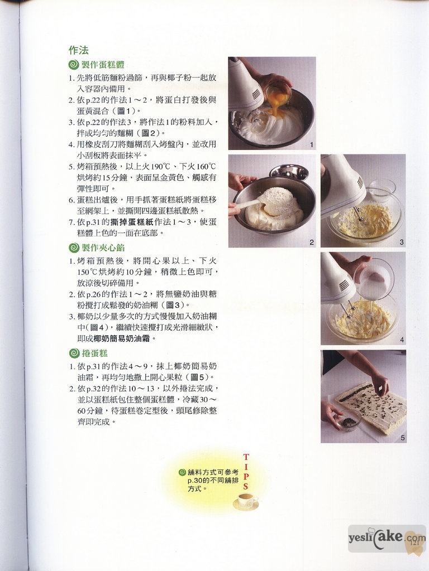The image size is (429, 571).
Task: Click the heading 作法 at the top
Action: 78,50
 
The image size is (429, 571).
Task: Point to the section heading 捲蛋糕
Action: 94,353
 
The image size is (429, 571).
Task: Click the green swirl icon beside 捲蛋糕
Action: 74,353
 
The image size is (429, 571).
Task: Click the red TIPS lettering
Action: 246,472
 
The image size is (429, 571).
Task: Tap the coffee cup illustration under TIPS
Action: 246,501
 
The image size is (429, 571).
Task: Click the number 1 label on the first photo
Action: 311,145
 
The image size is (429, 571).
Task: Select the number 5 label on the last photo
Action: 402,438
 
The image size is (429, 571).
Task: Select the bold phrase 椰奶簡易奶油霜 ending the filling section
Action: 121,338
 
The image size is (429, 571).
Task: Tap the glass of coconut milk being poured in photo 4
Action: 374,279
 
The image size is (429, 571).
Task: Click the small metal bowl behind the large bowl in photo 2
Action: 289,172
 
